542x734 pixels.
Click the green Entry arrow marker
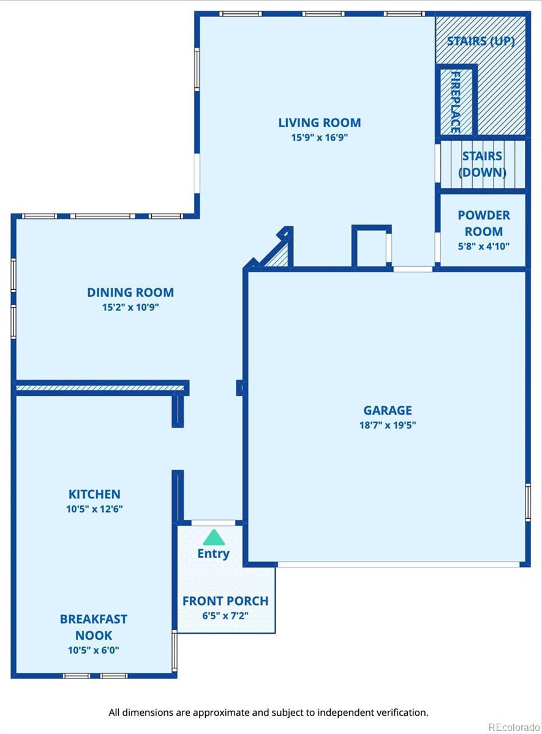coord(214,538)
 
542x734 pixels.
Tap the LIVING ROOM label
coord(320,123)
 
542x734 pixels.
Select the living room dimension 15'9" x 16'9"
coord(320,138)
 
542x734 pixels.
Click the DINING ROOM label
coord(130,292)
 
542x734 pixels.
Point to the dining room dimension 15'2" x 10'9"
coord(130,307)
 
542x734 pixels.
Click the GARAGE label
coord(388,410)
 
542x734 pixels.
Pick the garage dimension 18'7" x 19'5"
coord(388,425)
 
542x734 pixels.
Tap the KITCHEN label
coord(94,494)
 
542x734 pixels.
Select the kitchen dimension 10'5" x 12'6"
coord(94,509)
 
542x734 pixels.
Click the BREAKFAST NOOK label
coord(94,627)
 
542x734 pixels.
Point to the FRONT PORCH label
coord(225,601)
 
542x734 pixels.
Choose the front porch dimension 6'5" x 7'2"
coord(225,616)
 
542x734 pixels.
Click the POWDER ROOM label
coord(484,223)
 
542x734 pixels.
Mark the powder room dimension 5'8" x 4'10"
coord(484,246)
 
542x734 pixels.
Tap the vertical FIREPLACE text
coord(456,102)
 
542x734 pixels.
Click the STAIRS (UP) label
coord(481,42)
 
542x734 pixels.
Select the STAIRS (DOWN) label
coord(483,164)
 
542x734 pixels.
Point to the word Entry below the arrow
coord(213,554)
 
